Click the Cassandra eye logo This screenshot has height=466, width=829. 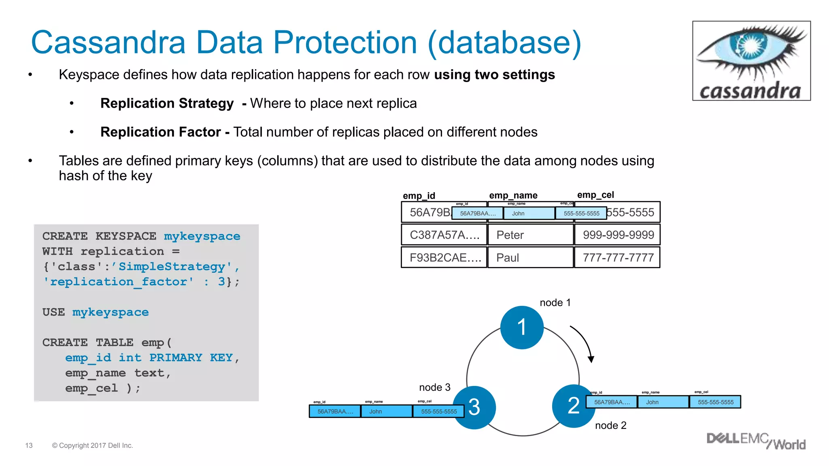751,61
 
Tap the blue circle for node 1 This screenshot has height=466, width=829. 522,327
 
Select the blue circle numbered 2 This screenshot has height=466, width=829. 573,406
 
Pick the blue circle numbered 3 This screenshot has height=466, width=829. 474,407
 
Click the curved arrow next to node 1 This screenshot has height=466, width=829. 583,342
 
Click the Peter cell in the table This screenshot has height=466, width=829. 530,235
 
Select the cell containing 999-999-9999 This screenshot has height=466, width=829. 618,235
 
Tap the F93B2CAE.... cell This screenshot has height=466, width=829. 444,258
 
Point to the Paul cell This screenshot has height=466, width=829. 530,258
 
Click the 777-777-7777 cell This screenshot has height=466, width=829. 618,258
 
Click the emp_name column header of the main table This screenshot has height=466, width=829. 513,195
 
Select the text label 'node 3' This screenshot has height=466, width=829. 434,388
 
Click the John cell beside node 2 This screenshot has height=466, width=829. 663,402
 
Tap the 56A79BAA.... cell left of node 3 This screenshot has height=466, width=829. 335,411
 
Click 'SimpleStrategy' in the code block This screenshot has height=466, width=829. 171,267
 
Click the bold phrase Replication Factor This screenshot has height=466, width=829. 160,132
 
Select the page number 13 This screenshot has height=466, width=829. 29,445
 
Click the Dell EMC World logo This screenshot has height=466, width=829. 755,441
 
